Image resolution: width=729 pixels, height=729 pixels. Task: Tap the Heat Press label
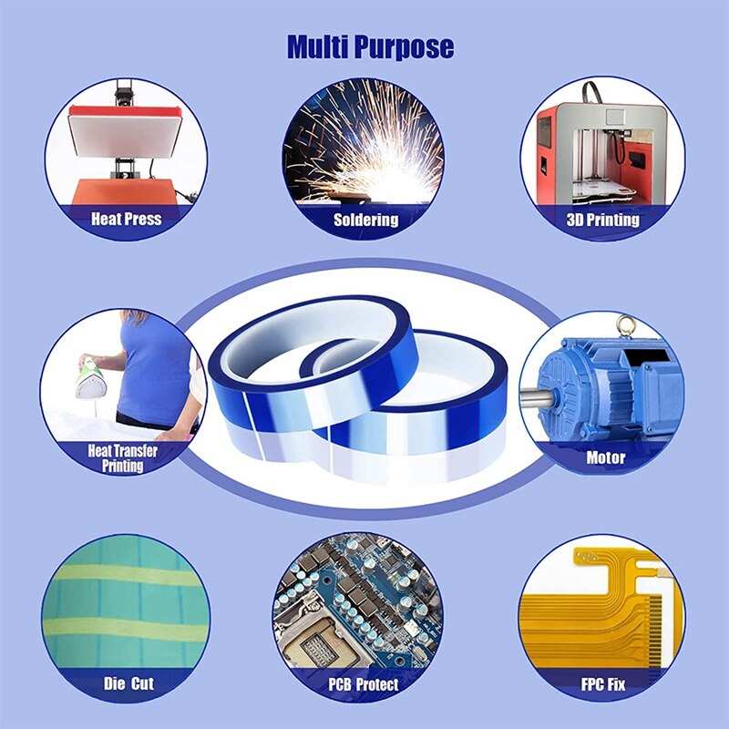pyautogui.click(x=126, y=219)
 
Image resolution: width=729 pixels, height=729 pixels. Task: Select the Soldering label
pyautogui.click(x=365, y=220)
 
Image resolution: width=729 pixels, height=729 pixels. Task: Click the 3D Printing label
pyautogui.click(x=602, y=220)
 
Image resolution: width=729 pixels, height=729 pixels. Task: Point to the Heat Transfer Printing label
pyautogui.click(x=123, y=458)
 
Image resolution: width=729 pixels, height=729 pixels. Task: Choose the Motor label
pyautogui.click(x=605, y=457)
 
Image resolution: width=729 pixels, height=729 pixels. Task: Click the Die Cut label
pyautogui.click(x=128, y=683)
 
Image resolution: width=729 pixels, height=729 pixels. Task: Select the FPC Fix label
pyautogui.click(x=602, y=683)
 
